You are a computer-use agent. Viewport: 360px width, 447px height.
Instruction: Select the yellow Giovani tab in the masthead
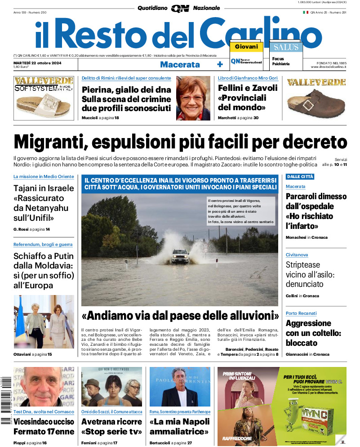pos(246,47)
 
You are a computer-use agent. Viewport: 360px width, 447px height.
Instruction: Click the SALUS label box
pos(286,47)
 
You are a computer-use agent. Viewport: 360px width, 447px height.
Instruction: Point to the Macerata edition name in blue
pos(180,64)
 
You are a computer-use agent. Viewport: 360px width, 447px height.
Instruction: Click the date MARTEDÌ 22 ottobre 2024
pos(37,63)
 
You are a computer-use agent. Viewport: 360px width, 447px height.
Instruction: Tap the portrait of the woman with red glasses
pos(193,98)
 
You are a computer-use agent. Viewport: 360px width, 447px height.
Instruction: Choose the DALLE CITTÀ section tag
pos(300,177)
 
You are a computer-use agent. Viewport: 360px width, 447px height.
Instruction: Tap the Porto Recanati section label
pos(301,313)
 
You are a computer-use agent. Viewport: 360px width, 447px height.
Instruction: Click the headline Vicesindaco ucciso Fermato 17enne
pos(44,427)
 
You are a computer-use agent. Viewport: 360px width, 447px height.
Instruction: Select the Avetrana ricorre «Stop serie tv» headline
pos(111,427)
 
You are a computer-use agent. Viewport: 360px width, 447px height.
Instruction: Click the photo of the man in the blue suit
pos(180,389)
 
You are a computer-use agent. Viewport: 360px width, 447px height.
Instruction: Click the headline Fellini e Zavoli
pos(248,98)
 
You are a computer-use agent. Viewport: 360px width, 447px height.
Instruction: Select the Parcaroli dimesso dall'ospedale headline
pos(316,211)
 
